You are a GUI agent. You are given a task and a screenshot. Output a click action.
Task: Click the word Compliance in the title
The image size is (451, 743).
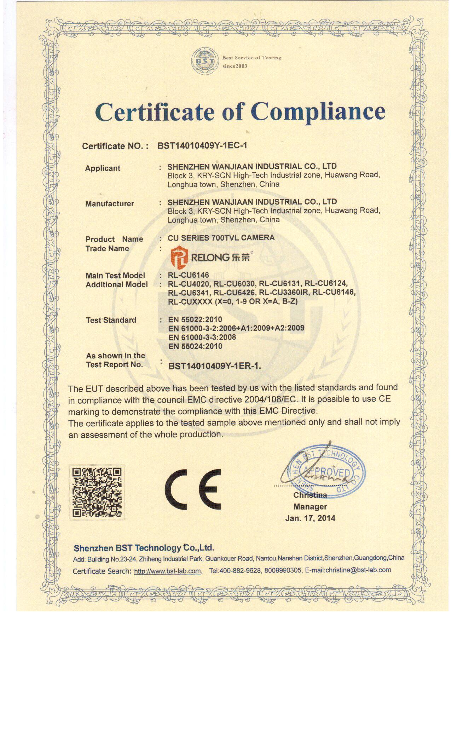pyautogui.click(x=318, y=112)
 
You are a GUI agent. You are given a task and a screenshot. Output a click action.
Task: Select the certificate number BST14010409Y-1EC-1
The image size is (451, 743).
pyautogui.click(x=202, y=145)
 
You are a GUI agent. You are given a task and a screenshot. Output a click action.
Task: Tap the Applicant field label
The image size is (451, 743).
pyautogui.click(x=103, y=168)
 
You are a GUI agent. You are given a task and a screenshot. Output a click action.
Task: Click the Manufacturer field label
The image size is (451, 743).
pyautogui.click(x=110, y=203)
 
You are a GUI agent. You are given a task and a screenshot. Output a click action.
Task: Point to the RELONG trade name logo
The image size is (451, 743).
pyautogui.click(x=210, y=257)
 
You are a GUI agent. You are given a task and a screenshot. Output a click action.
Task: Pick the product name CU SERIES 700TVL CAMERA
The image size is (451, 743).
pyautogui.click(x=221, y=238)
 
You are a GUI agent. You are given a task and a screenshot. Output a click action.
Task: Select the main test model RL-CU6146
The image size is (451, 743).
pyautogui.click(x=189, y=275)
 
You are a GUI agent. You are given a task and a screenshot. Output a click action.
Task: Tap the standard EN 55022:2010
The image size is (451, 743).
pyautogui.click(x=195, y=319)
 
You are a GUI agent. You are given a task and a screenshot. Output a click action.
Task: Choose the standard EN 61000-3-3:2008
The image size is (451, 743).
pyautogui.click(x=202, y=337)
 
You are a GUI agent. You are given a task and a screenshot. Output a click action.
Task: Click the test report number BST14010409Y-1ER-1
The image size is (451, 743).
pyautogui.click(x=215, y=366)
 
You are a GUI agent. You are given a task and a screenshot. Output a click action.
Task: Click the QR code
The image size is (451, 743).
pyautogui.click(x=97, y=492)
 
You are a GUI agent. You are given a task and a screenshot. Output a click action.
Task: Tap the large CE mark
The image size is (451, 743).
pyautogui.click(x=193, y=490)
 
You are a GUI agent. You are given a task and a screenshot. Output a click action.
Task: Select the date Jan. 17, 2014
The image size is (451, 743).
pyautogui.click(x=310, y=518)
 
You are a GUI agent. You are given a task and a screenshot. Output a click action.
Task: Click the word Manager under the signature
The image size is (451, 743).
pyautogui.click(x=310, y=507)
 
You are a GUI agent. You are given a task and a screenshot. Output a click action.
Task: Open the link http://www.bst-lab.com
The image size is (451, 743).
pyautogui.click(x=168, y=571)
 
